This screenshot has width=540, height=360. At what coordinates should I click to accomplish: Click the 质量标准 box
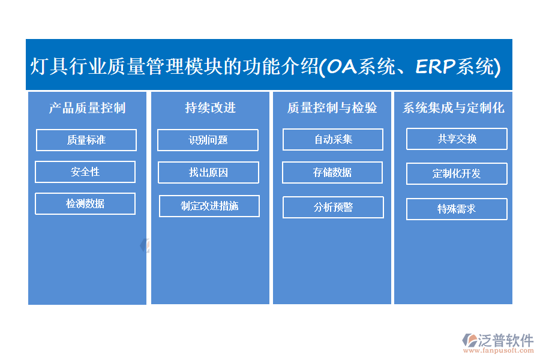86,140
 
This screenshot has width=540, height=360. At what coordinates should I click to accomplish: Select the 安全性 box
85,172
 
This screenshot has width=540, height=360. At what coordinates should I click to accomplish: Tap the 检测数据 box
85,203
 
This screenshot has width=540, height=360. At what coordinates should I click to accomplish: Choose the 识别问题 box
208,140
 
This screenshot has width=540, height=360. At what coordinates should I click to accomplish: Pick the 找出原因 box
208,172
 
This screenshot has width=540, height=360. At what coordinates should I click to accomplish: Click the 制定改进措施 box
209,206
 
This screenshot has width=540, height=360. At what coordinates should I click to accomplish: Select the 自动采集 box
332,140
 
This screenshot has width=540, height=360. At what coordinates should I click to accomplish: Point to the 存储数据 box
332,172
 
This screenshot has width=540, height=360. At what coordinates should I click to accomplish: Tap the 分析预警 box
333,207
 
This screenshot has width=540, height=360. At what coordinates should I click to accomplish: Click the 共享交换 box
457,139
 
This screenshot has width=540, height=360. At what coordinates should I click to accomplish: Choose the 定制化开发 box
457,173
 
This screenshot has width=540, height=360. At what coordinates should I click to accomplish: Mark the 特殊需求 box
457,209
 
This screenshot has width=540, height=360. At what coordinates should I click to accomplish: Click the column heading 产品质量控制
87,108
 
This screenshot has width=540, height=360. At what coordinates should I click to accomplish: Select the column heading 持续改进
210,108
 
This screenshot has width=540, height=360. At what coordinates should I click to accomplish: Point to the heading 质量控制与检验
332,108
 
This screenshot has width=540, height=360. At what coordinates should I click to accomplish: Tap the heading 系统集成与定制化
453,108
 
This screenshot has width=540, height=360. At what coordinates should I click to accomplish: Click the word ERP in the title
436,66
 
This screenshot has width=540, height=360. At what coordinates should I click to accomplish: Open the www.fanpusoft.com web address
499,350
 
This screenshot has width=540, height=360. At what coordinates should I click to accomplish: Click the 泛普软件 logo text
506,340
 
